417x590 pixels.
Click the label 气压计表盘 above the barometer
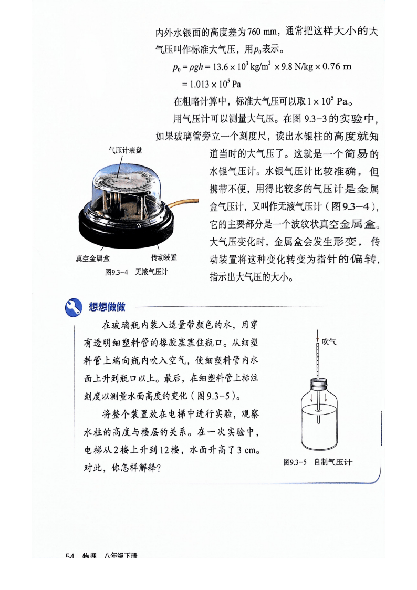[126, 150]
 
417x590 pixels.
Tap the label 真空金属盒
[93, 258]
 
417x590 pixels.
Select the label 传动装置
[164, 257]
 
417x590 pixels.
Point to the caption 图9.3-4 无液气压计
[136, 272]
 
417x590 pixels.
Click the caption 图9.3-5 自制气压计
[318, 462]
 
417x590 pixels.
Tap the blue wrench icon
[74, 307]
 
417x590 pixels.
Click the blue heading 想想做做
[107, 307]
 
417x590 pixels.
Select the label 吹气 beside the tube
[329, 341]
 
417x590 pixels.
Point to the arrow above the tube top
[318, 335]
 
